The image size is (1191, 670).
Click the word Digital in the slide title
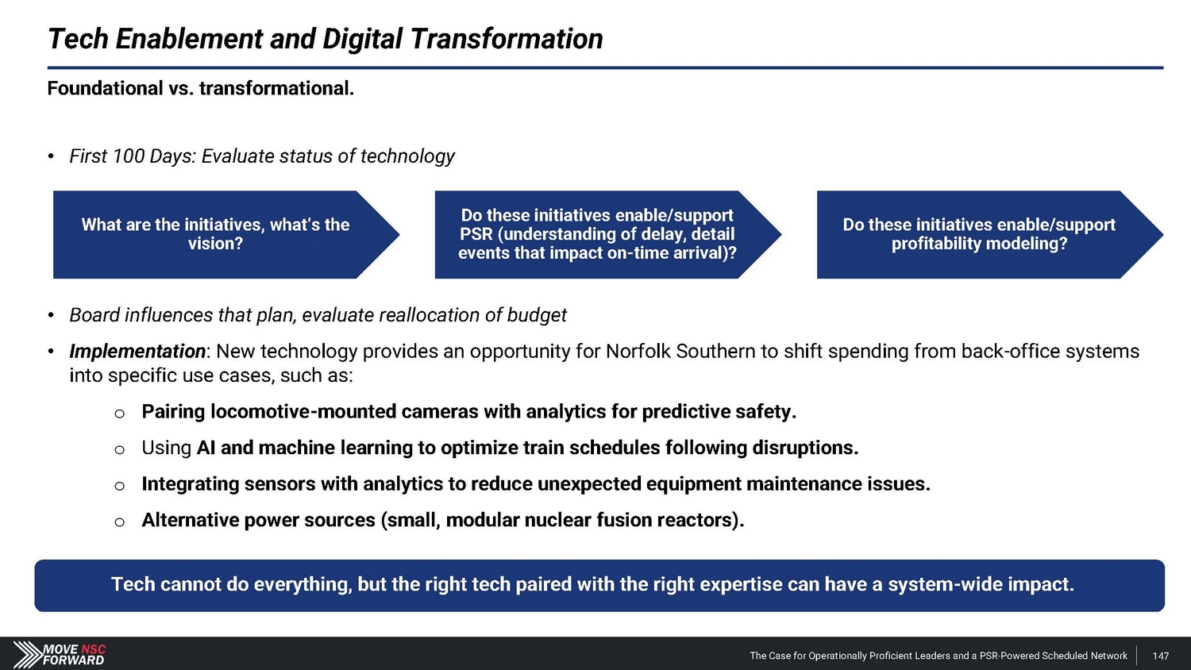tap(362, 40)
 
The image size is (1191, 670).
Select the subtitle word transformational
tap(276, 88)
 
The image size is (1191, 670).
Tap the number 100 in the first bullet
tap(128, 156)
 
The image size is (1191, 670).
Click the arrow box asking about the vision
tap(226, 234)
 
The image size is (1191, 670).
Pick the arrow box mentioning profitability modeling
tap(990, 234)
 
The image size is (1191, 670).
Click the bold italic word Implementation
tap(137, 352)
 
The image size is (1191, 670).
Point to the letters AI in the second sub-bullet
tap(206, 448)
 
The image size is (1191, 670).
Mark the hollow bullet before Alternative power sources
tap(120, 522)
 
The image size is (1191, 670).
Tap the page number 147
tap(1161, 657)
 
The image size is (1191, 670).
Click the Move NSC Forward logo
tap(59, 654)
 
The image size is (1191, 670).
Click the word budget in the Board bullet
tap(537, 315)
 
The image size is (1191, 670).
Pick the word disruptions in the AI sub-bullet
tap(805, 448)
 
